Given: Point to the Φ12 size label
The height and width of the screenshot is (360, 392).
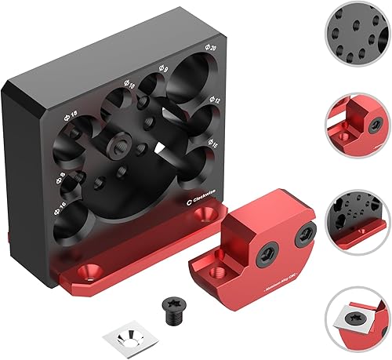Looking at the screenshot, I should pos(215,101).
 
